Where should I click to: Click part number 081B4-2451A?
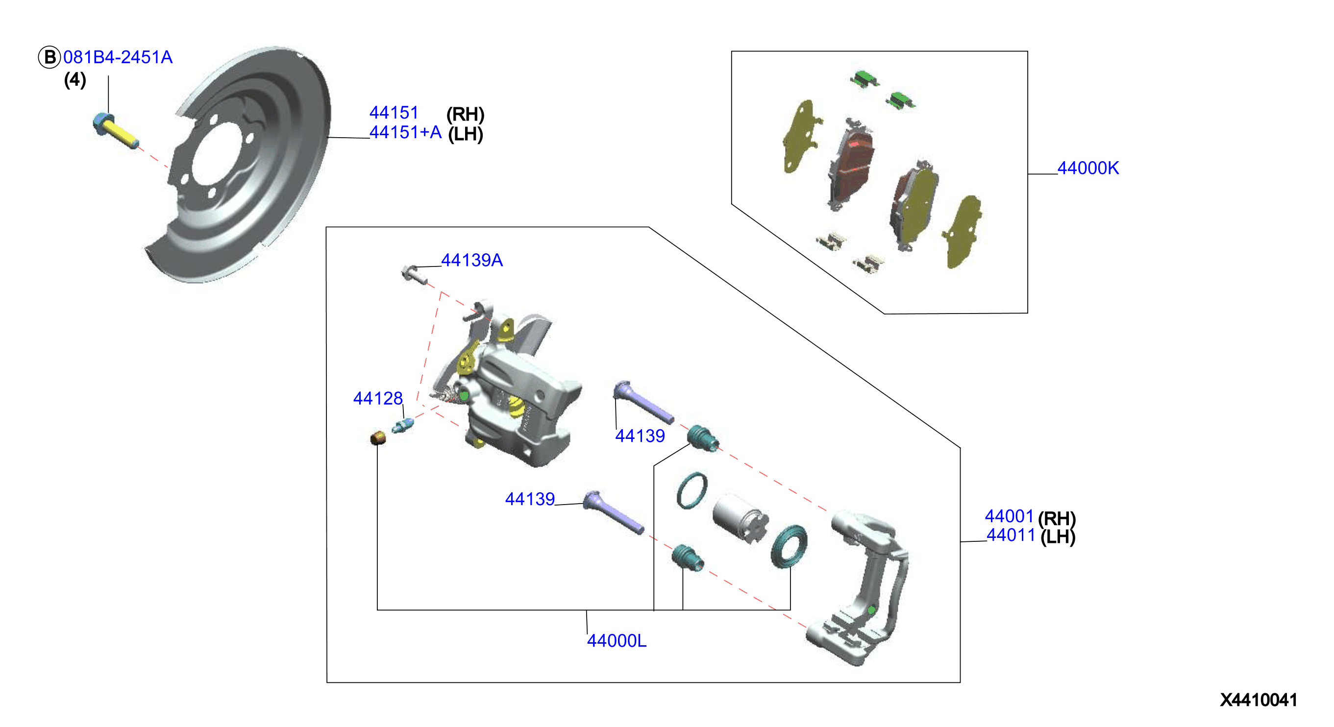pos(118,57)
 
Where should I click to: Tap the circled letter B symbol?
pos(49,57)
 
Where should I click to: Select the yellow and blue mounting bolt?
pos(116,131)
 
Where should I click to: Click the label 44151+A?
pos(405,132)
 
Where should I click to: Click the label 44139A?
pos(472,260)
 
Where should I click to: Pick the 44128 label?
pos(377,398)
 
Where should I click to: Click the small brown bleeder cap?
pos(378,438)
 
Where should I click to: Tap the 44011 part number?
pos(1011,535)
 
